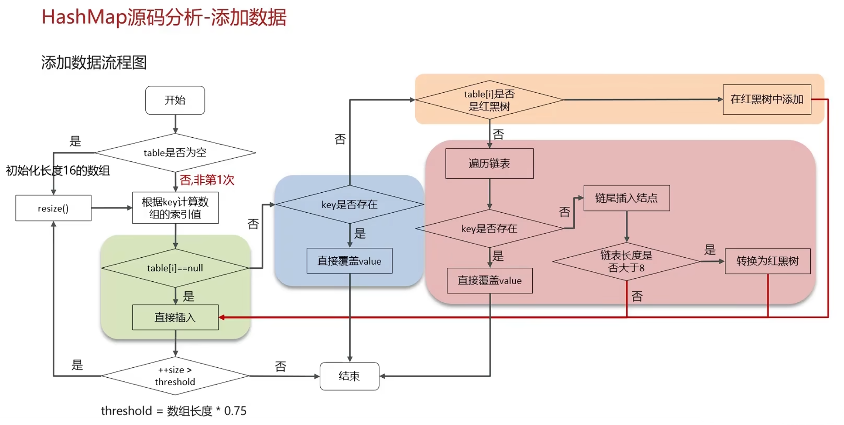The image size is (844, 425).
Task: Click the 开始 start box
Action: point(175,100)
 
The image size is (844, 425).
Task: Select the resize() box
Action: point(53,208)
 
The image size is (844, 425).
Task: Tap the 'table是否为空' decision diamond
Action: point(175,153)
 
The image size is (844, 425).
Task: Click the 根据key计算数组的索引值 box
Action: point(175,208)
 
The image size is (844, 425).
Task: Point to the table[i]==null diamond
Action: point(175,268)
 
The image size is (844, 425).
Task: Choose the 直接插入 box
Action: point(175,317)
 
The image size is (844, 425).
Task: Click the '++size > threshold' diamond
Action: point(175,376)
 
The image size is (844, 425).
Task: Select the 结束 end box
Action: point(349,376)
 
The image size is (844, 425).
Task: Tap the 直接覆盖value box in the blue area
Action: point(349,261)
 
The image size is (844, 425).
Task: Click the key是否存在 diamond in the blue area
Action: point(349,205)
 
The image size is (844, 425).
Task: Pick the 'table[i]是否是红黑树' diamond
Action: point(489,100)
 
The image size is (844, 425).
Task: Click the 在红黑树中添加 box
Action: point(767,99)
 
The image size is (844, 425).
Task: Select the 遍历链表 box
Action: point(489,164)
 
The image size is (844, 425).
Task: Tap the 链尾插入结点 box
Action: point(626,198)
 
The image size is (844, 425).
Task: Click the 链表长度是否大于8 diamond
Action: point(626,261)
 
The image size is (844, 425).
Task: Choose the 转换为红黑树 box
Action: point(768,261)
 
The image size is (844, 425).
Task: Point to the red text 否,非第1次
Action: point(207,180)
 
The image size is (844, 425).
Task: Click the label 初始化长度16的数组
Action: point(58,170)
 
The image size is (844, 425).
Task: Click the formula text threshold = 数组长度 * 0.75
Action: point(174,411)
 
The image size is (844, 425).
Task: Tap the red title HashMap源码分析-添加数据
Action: point(164,17)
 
